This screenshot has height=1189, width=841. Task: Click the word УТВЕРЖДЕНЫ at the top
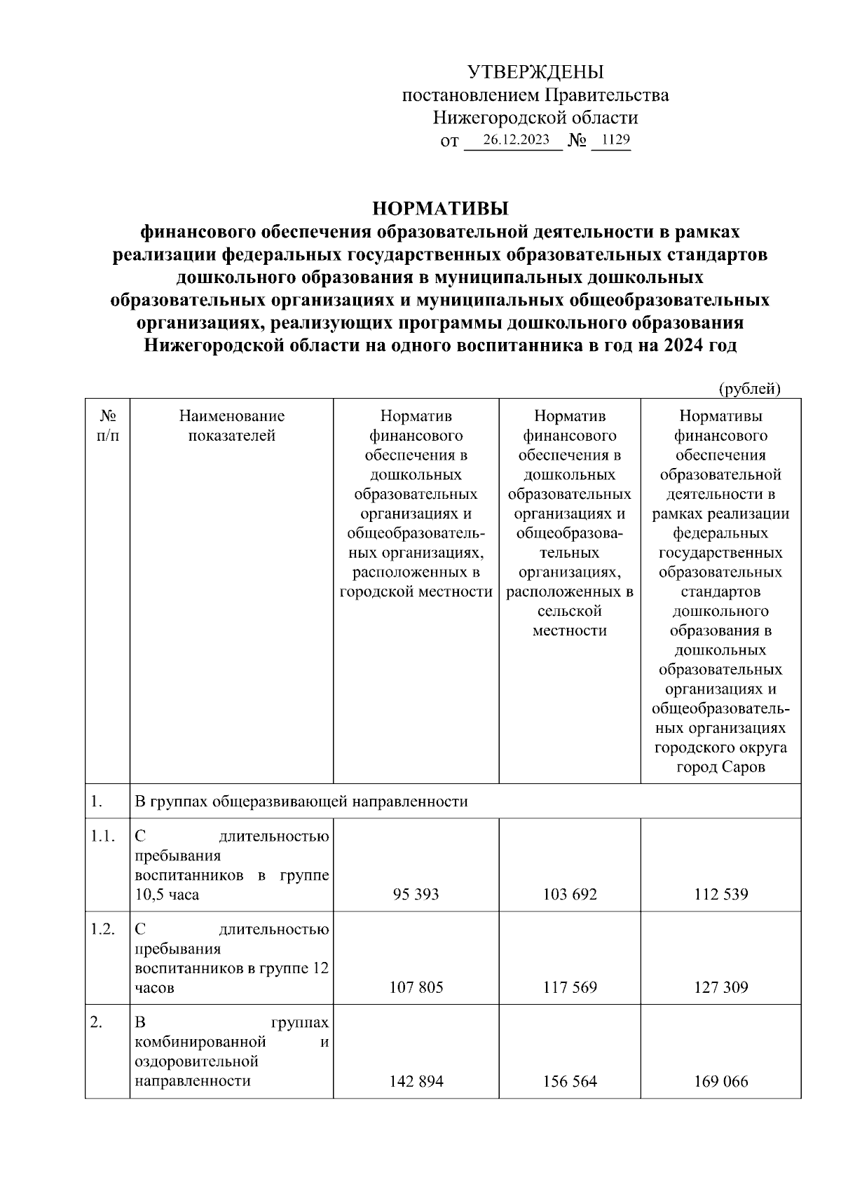click(x=535, y=72)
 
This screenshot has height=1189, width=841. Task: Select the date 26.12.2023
click(x=516, y=139)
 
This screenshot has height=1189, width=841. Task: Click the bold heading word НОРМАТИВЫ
click(x=439, y=208)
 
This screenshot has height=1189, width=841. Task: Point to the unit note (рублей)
click(x=749, y=388)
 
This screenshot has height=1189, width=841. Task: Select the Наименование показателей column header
click(x=232, y=425)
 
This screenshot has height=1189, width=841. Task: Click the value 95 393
click(x=416, y=894)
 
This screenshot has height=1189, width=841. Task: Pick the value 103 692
click(x=570, y=894)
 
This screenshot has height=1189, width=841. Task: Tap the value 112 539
click(x=721, y=894)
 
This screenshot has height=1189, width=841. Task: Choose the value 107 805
click(x=416, y=987)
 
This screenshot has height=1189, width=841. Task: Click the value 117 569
click(x=570, y=987)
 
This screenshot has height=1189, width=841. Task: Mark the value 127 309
click(x=721, y=987)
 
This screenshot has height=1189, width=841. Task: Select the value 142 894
click(x=416, y=1081)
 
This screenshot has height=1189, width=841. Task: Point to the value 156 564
click(x=570, y=1081)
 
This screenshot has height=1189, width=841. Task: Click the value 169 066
click(x=721, y=1081)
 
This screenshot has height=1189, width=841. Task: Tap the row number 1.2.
click(x=102, y=929)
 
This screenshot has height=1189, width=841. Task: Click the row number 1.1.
click(x=102, y=836)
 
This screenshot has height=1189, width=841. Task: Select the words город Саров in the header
click(x=721, y=767)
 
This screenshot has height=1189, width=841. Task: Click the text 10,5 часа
click(x=167, y=895)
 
